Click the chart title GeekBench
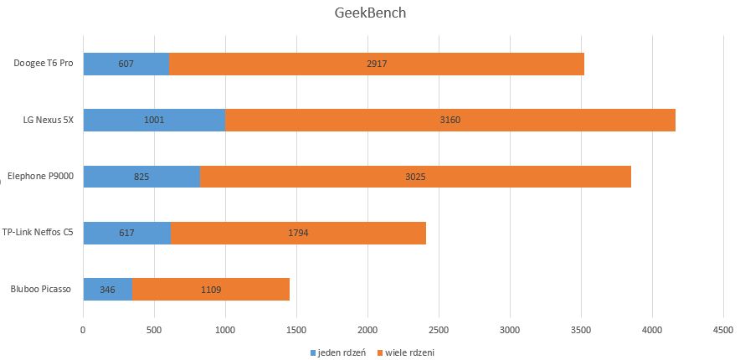(370, 14)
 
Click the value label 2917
(377, 64)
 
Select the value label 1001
(154, 120)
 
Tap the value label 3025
(415, 177)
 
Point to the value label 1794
(298, 233)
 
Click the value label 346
(107, 290)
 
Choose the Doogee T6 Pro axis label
(44, 64)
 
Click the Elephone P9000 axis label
(40, 177)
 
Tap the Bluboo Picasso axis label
(40, 290)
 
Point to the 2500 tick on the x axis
(439, 331)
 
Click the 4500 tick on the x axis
(723, 331)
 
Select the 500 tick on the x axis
(154, 331)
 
